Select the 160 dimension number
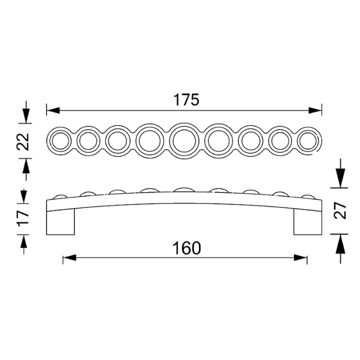[x=186, y=248]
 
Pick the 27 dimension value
[x=340, y=211]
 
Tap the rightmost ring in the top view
[x=309, y=141]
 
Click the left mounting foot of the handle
[x=60, y=223]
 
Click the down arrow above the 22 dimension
[x=25, y=116]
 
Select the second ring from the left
[x=87, y=141]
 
